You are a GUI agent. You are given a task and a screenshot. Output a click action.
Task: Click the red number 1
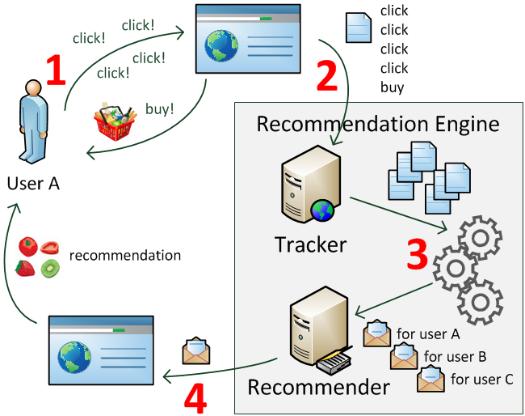55,72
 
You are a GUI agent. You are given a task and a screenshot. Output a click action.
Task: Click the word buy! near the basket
159,108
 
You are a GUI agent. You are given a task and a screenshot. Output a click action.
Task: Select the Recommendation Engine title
378,124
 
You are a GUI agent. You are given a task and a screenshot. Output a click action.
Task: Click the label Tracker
310,244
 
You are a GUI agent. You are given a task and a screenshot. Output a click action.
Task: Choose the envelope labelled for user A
377,333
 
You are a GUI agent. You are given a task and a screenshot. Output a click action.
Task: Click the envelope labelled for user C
430,378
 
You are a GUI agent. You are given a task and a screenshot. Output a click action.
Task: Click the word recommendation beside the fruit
125,256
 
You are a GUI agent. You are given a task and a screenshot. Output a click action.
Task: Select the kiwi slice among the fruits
51,267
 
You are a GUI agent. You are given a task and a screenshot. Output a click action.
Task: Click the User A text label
33,184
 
